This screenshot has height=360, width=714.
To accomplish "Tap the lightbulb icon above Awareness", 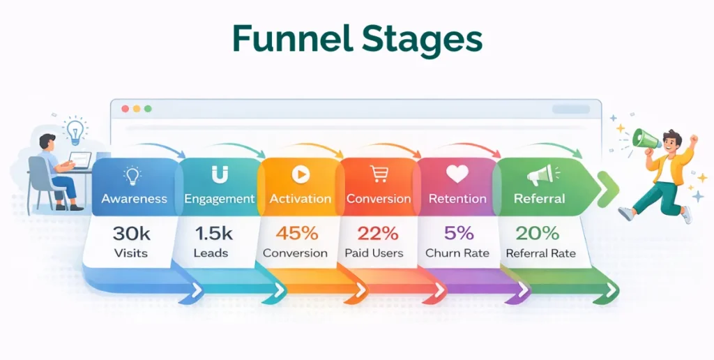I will [x=132, y=174].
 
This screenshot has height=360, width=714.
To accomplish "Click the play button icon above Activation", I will [x=301, y=174].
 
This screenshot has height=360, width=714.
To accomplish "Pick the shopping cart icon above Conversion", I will [x=380, y=174].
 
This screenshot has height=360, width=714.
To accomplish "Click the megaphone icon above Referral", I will [x=539, y=174].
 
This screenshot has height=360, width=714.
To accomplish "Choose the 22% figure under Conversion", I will [x=377, y=233].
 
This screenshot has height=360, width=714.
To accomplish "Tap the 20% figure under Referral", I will [x=537, y=233].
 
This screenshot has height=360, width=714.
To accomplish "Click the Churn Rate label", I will [x=457, y=253].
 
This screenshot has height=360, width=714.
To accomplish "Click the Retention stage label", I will [x=457, y=199].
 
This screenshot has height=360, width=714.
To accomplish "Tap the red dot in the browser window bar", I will [x=126, y=109].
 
